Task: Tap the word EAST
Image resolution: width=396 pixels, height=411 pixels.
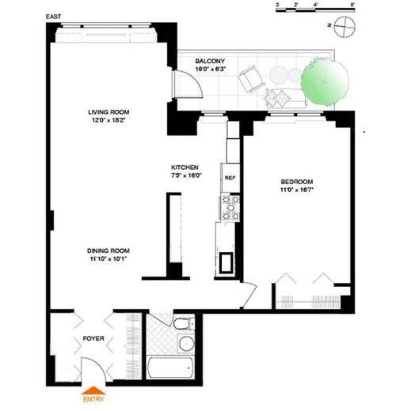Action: tap(55, 16)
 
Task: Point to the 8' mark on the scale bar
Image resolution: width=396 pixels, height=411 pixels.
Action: tap(352, 6)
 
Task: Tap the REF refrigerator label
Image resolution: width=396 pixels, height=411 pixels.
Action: tap(230, 178)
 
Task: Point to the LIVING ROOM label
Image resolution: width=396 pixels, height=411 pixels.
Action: tap(109, 113)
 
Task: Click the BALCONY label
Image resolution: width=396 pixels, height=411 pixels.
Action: tap(211, 62)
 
